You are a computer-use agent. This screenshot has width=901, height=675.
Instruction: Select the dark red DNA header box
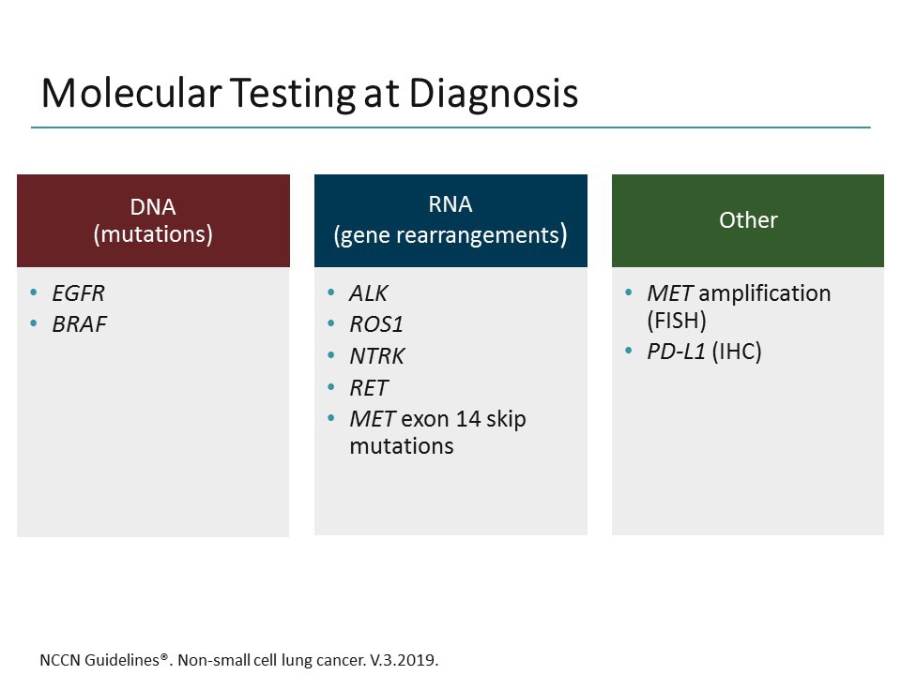pos(153,220)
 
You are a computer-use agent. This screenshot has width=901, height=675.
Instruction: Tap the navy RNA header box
pos(450,220)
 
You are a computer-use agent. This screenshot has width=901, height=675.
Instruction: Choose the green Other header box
pos(748,220)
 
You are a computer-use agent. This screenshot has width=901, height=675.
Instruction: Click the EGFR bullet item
pos(79,293)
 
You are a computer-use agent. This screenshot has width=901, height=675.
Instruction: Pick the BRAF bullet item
pos(79,324)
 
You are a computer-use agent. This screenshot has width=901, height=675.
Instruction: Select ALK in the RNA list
pos(368,293)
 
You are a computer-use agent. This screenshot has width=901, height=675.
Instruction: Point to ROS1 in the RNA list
pos(375,324)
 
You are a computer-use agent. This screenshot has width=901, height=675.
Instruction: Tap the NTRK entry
pos(376,356)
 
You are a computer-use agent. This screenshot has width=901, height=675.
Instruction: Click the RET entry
pos(368,387)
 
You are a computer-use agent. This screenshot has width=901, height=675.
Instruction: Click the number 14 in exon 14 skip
pos(469,418)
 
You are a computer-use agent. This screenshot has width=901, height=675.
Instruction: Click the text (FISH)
pos(677,321)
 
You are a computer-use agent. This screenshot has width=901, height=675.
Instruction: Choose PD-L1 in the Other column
pos(674,352)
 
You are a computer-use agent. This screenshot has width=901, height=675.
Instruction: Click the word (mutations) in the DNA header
pos(153,234)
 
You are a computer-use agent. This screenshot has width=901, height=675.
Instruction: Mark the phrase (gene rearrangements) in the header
pos(450,235)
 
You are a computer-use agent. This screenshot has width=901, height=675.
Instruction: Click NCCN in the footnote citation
pos(60,660)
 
